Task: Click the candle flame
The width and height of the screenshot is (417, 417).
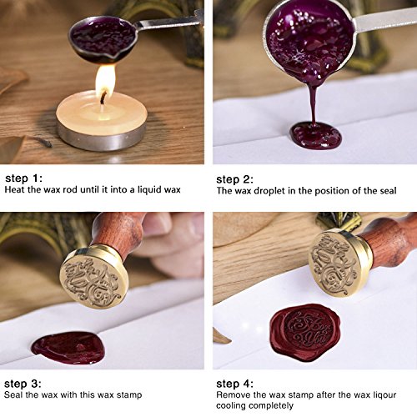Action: [105, 81]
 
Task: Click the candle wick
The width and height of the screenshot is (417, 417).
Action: [103, 98]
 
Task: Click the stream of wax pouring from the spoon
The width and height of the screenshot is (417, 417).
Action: [314, 103]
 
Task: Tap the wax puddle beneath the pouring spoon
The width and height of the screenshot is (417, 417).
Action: [316, 136]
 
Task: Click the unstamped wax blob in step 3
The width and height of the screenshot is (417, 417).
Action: [68, 348]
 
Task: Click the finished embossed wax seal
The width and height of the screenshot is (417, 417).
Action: [305, 331]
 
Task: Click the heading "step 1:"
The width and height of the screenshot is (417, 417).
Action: [23, 178]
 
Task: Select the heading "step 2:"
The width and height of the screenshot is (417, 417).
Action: [234, 179]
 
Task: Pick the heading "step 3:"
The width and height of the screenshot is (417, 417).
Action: [23, 384]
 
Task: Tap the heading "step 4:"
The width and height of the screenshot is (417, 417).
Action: [235, 384]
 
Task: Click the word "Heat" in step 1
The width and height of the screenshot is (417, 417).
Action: [15, 190]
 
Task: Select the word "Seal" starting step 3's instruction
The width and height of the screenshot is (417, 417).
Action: [13, 394]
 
